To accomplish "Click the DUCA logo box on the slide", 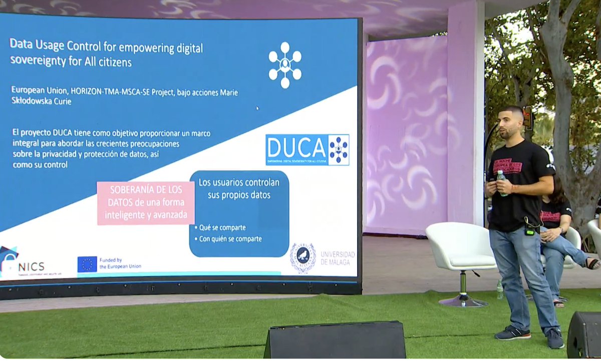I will (x=307, y=150).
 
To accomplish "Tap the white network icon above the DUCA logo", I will (x=284, y=65).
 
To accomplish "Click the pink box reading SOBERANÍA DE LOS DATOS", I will (x=145, y=203).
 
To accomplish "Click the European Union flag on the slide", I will (x=87, y=264).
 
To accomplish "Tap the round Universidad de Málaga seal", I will (x=303, y=258).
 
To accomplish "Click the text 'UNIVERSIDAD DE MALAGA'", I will (x=338, y=258).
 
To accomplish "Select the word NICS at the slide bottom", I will (x=33, y=266).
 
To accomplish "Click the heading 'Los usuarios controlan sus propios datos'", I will (x=239, y=188).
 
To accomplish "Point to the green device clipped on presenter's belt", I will (x=529, y=231).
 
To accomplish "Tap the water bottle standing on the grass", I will (x=499, y=289).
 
